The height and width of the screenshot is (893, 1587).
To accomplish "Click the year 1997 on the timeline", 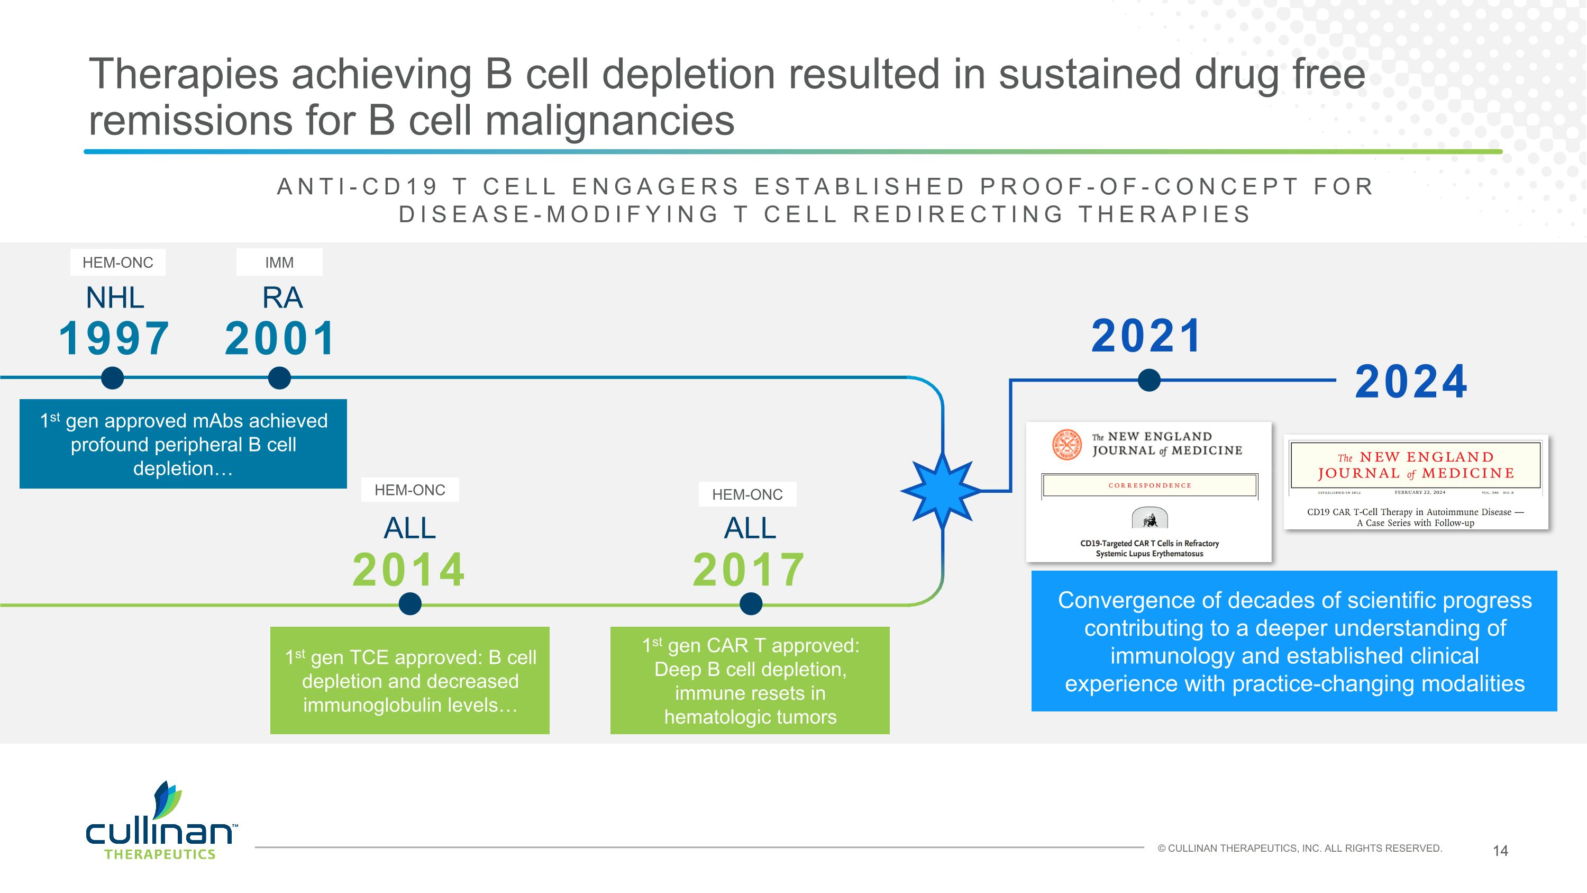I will click(114, 338).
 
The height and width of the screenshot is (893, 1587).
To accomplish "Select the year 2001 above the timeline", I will click(280, 338).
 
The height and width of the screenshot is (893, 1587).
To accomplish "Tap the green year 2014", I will click(409, 570).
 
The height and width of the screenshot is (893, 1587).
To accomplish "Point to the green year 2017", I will click(749, 570).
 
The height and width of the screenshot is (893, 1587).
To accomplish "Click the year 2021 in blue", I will click(1146, 336).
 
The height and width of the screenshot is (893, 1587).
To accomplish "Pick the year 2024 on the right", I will click(1411, 382).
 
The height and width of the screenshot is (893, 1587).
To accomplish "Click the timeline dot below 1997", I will click(112, 378).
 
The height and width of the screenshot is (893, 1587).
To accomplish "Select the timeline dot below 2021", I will click(1149, 380).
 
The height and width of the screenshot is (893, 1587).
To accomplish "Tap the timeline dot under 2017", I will click(750, 604).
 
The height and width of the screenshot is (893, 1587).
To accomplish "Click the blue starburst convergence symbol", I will click(943, 491).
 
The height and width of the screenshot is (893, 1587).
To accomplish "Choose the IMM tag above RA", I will click(279, 263).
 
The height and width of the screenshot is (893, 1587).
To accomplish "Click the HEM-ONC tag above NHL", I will click(117, 263).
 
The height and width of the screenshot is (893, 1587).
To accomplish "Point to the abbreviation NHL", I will click(115, 298).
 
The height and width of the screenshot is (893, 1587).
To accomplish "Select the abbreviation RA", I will click(282, 298).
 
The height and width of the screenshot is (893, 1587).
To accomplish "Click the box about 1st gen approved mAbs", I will click(183, 444).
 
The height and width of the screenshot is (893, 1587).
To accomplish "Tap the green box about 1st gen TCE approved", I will click(409, 680).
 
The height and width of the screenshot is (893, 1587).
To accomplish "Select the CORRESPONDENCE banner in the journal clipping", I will click(1150, 485).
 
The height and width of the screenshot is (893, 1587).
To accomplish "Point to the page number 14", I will click(1500, 851).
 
